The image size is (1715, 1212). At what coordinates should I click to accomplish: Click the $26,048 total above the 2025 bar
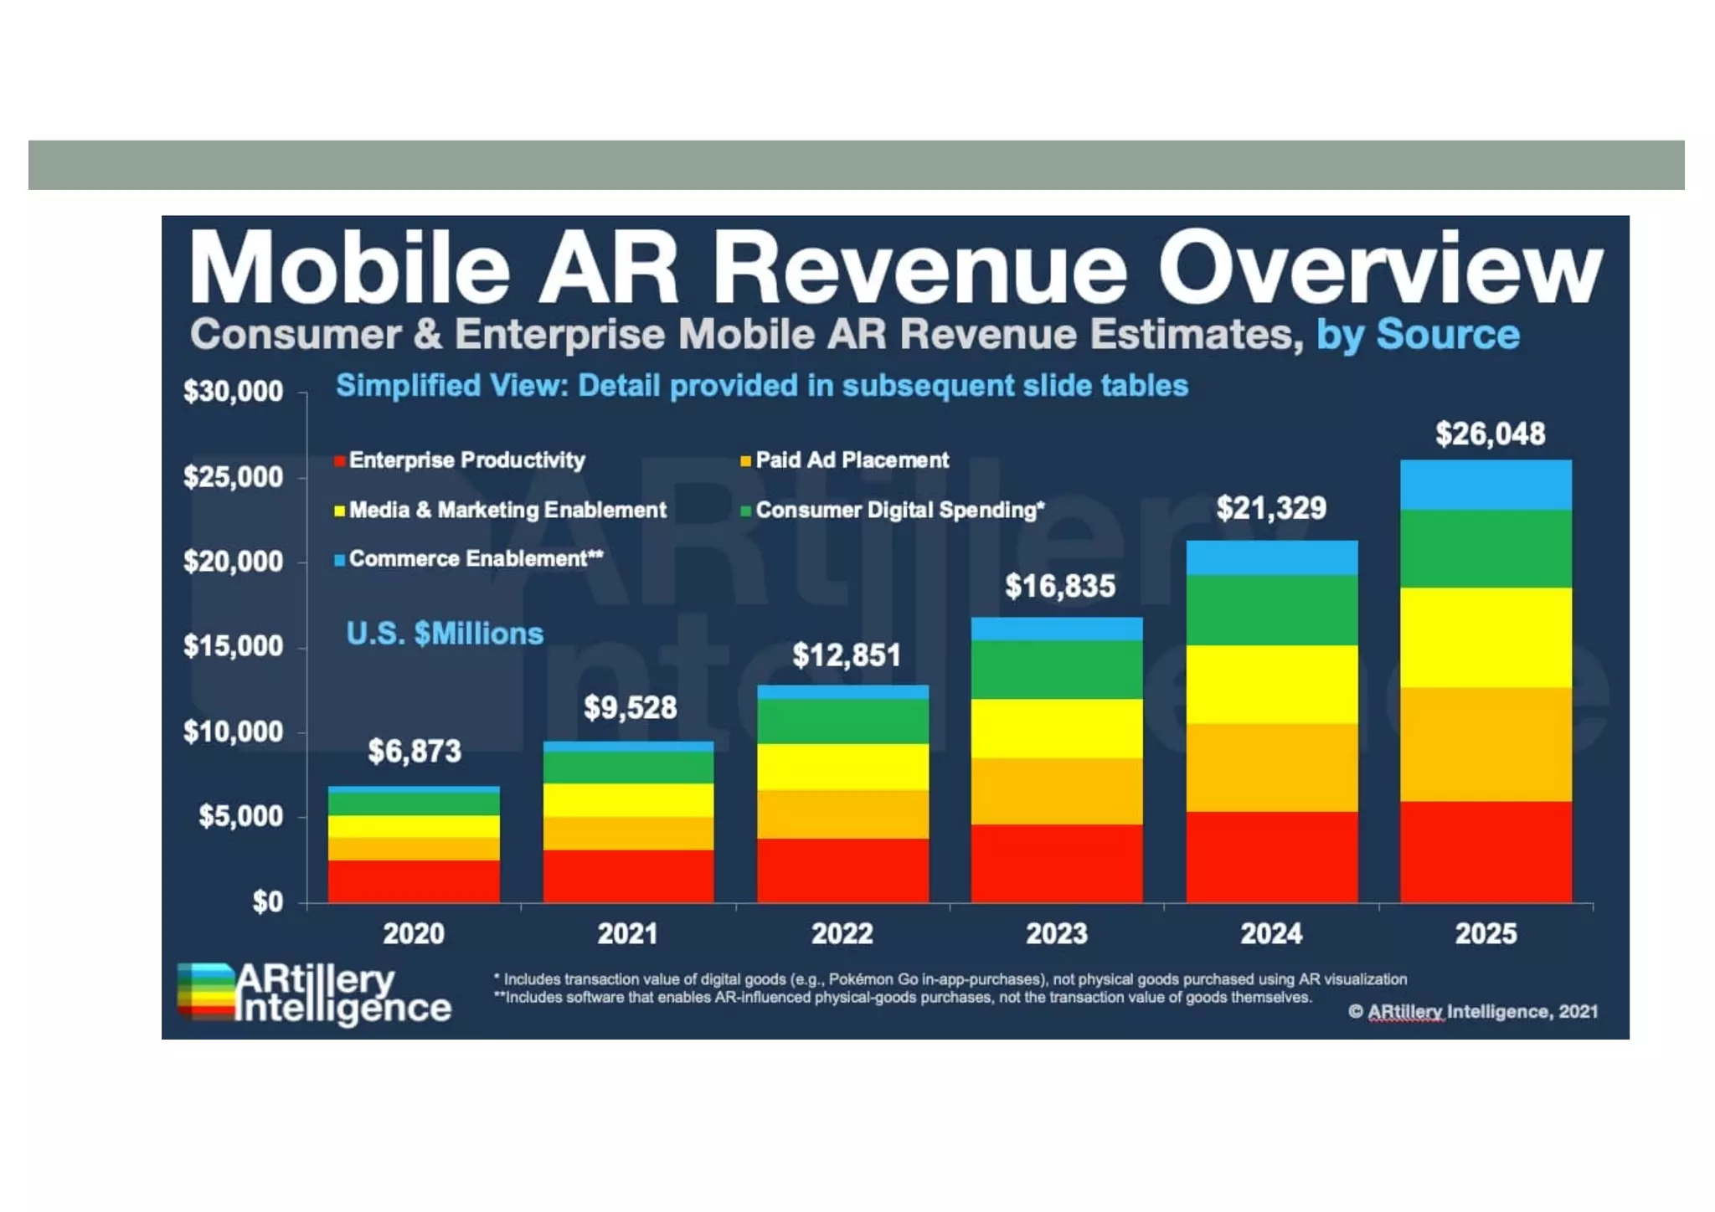coord(1490,434)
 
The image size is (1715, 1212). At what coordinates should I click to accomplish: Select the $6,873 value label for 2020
coord(415,751)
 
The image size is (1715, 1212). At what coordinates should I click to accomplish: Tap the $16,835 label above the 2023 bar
coord(1059,586)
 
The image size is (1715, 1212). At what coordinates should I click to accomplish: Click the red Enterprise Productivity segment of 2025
coord(1486,851)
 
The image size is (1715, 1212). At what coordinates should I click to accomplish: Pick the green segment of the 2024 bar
coord(1271,609)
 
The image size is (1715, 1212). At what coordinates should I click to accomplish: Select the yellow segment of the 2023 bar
coord(1057,728)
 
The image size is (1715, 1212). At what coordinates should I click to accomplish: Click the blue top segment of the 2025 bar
coord(1486,485)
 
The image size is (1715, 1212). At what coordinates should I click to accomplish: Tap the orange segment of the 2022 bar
coord(842,814)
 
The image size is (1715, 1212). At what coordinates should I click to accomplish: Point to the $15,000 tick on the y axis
coord(234,646)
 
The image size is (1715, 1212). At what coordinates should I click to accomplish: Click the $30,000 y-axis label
coord(234,391)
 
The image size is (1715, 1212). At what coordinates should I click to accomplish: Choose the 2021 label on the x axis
coord(628,933)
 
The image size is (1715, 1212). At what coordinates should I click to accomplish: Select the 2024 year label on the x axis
coord(1271,933)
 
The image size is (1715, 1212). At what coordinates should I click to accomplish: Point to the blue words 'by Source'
coord(1418,334)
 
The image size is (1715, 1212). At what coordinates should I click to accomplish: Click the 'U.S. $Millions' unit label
coord(445,634)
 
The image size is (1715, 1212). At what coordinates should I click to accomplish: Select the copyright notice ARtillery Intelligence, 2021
coord(1473,1011)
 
